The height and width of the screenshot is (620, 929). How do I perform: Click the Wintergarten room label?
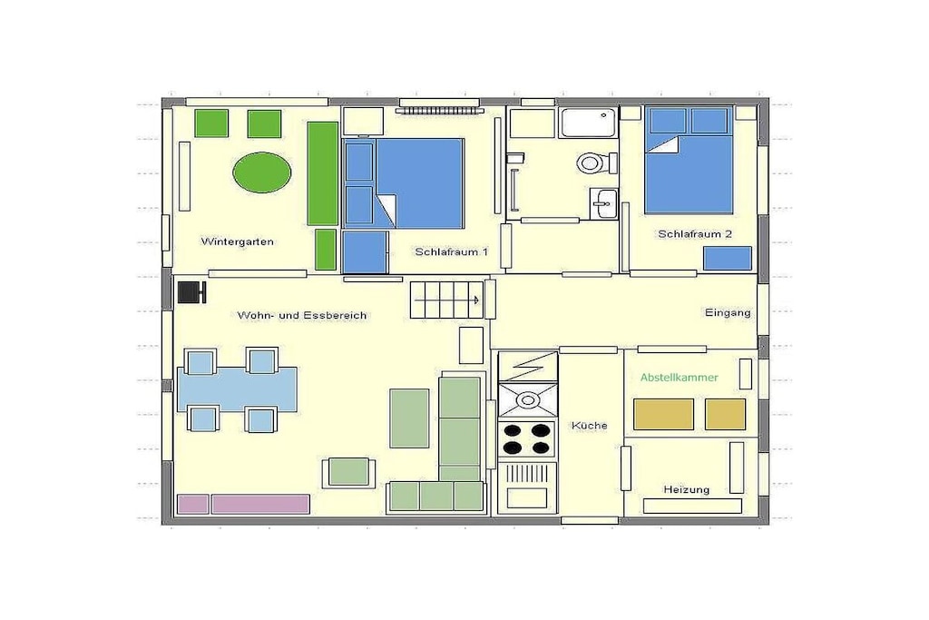(x=237, y=241)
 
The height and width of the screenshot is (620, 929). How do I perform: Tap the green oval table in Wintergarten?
(x=262, y=172)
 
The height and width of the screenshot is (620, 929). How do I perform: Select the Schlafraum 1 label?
(x=452, y=252)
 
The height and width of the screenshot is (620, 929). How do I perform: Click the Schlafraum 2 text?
(x=695, y=234)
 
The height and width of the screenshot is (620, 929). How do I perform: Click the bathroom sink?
(x=603, y=204)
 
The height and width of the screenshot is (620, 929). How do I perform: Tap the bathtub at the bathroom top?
(x=589, y=123)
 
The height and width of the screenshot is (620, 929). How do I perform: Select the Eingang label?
(x=728, y=312)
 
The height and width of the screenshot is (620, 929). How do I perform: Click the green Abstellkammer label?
(x=679, y=378)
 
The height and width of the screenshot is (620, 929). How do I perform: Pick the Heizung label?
(x=686, y=489)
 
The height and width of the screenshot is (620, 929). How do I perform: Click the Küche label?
(x=590, y=426)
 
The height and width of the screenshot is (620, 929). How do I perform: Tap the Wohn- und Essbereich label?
(x=302, y=316)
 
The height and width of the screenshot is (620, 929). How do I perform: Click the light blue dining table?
(x=237, y=389)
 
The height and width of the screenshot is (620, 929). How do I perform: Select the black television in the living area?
(x=191, y=292)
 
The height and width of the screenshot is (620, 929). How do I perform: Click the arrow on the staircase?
(x=447, y=300)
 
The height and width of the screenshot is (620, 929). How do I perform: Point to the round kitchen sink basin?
(x=527, y=400)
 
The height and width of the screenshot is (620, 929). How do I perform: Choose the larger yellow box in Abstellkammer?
(x=663, y=414)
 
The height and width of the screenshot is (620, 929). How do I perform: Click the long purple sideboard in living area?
(x=260, y=505)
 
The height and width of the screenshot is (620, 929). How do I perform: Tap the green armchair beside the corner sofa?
(x=348, y=472)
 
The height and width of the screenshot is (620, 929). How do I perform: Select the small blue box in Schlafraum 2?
(x=728, y=259)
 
